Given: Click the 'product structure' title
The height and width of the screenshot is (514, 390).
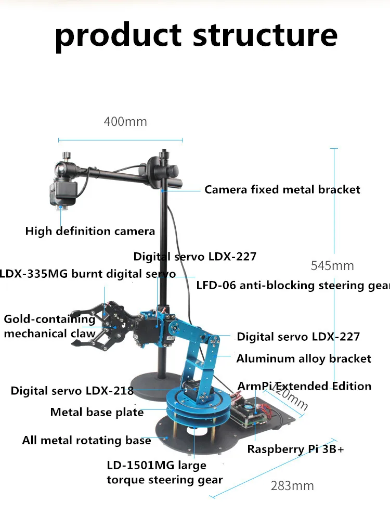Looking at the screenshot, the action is [x=196, y=35].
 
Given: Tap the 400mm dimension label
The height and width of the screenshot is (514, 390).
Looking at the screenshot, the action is [x=125, y=122].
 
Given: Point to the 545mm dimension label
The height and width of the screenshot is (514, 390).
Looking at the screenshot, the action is [x=332, y=265].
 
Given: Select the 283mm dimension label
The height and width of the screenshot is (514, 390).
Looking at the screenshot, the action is [x=292, y=485].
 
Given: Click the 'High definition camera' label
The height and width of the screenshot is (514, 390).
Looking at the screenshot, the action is [x=90, y=231].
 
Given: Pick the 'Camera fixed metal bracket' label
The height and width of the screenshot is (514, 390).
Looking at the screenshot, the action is [x=282, y=189].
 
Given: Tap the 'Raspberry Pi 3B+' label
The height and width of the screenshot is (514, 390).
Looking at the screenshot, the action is [x=295, y=449].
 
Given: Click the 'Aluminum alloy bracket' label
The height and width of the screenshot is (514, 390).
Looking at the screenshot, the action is [x=304, y=358].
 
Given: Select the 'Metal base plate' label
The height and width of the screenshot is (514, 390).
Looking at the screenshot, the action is [x=97, y=412].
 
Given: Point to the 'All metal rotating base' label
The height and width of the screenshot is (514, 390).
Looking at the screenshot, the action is [x=86, y=440].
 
